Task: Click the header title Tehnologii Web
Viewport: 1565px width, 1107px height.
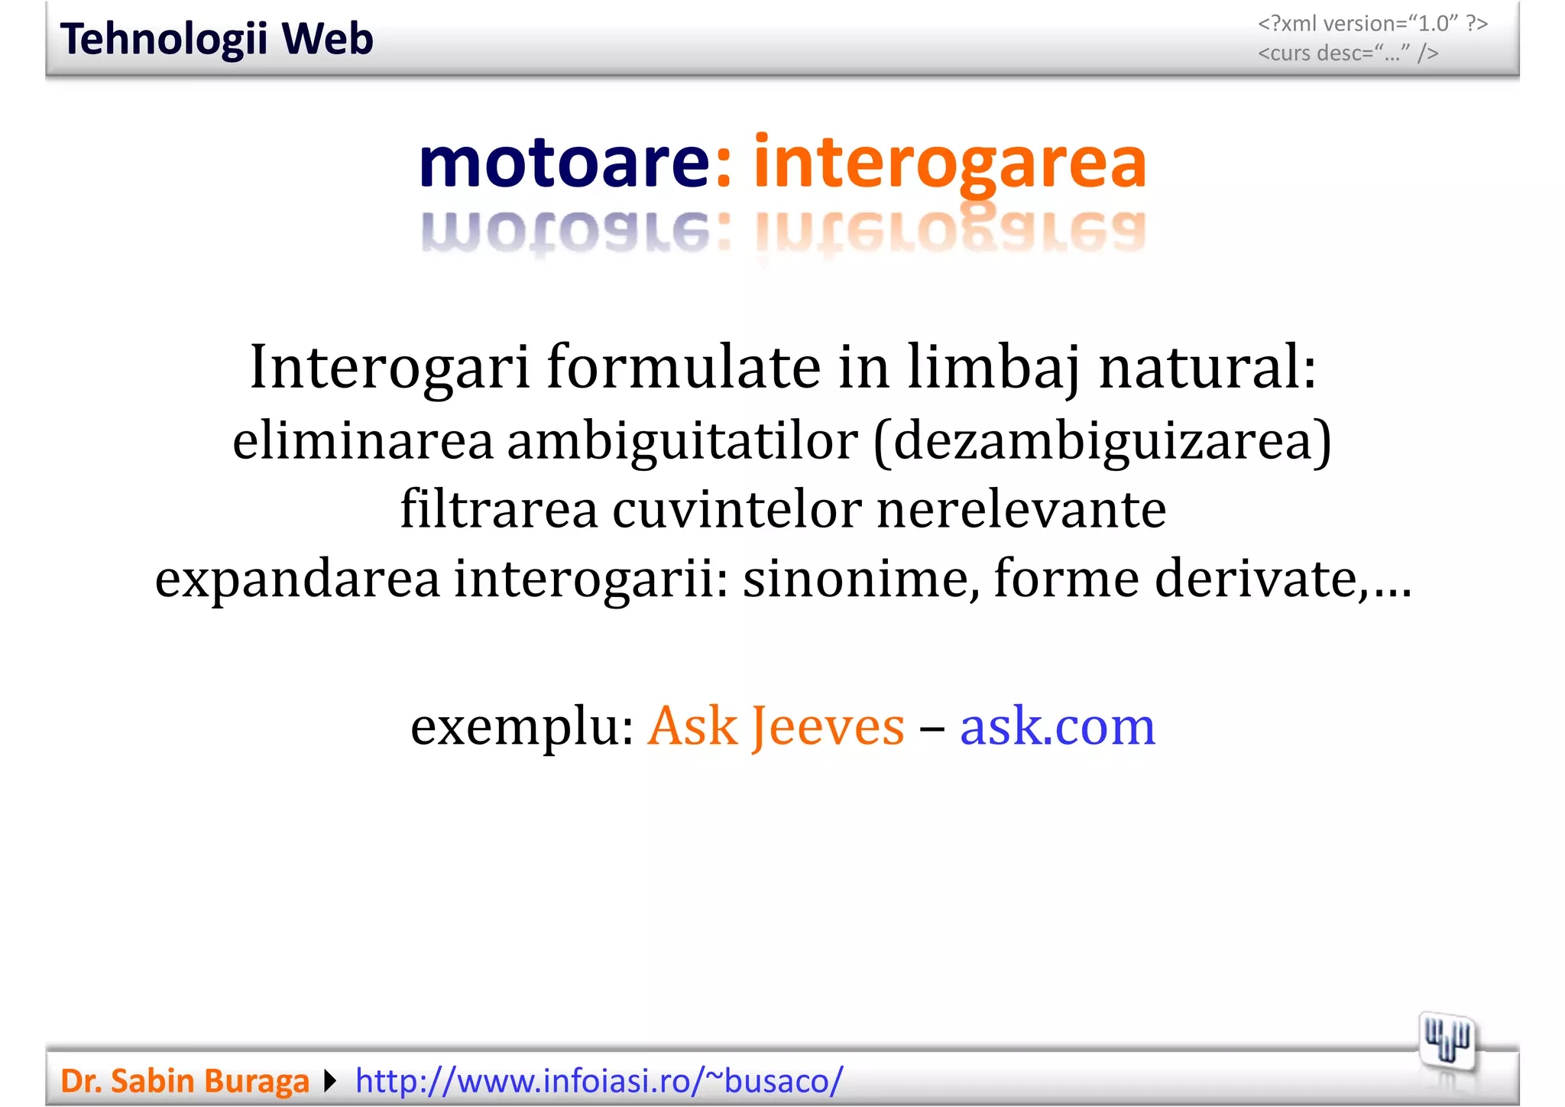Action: click(x=216, y=39)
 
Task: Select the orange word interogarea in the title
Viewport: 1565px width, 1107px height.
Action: click(x=950, y=162)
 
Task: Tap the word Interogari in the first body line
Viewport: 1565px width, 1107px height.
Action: click(x=390, y=368)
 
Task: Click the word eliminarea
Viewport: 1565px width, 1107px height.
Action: click(x=363, y=441)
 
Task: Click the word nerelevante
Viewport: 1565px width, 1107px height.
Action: click(x=1021, y=509)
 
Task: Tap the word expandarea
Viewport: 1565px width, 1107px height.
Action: click(x=297, y=578)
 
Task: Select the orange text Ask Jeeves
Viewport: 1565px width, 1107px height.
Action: click(x=776, y=726)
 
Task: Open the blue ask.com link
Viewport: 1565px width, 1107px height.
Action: click(x=1057, y=726)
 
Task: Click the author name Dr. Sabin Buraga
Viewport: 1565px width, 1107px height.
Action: click(x=185, y=1081)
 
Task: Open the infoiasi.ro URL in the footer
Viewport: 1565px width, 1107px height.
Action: click(x=599, y=1081)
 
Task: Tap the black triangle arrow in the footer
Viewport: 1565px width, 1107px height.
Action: click(x=330, y=1081)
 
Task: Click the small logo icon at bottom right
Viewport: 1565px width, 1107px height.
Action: click(x=1447, y=1041)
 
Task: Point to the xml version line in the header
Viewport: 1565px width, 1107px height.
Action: click(x=1372, y=24)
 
